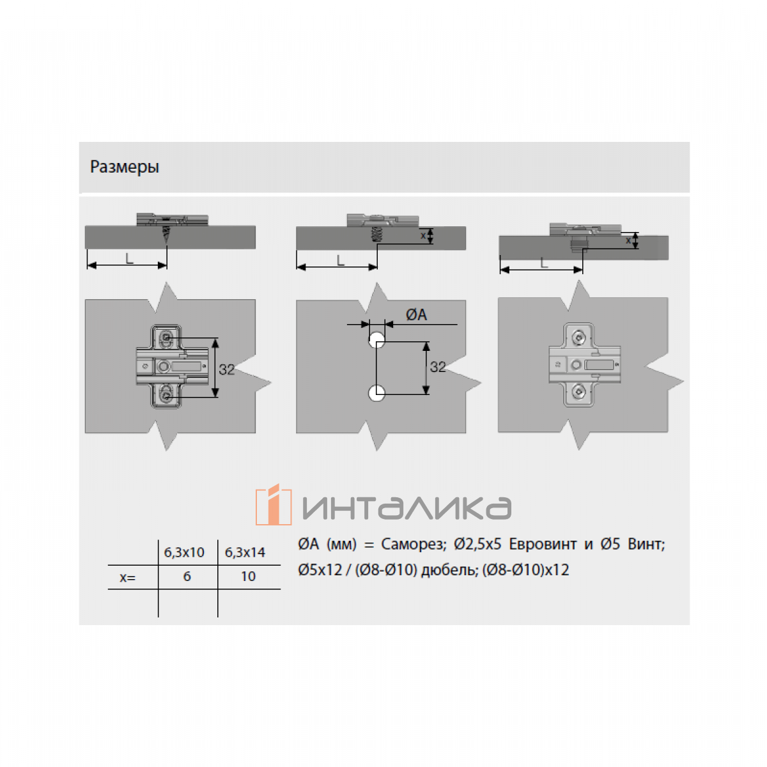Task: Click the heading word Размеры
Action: pos(125,167)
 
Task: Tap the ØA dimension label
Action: pos(416,315)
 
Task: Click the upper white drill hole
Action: pos(376,340)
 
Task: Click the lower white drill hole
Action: pos(376,393)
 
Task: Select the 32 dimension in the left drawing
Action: pos(227,369)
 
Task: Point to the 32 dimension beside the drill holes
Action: pos(438,367)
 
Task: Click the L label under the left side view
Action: pos(129,259)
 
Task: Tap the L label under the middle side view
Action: pos(340,261)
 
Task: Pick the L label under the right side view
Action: pos(544,263)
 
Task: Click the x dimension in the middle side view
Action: pos(423,235)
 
